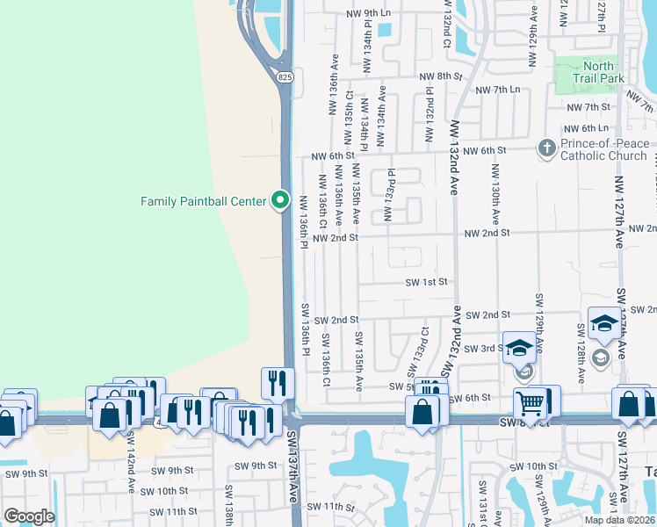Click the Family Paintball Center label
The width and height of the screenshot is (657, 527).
coord(203,201)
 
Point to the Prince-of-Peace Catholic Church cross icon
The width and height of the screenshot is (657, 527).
coord(546,148)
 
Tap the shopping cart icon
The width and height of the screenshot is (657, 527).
coord(530,403)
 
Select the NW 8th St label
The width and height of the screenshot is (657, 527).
coord(440,76)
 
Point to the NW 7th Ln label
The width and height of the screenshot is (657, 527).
coord(497,90)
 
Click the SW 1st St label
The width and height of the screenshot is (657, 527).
coord(427,282)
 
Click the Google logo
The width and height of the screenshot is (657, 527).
coord(29,516)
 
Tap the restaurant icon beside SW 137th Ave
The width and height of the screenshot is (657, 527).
coord(278,383)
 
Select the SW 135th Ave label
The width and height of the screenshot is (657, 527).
coord(359,361)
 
